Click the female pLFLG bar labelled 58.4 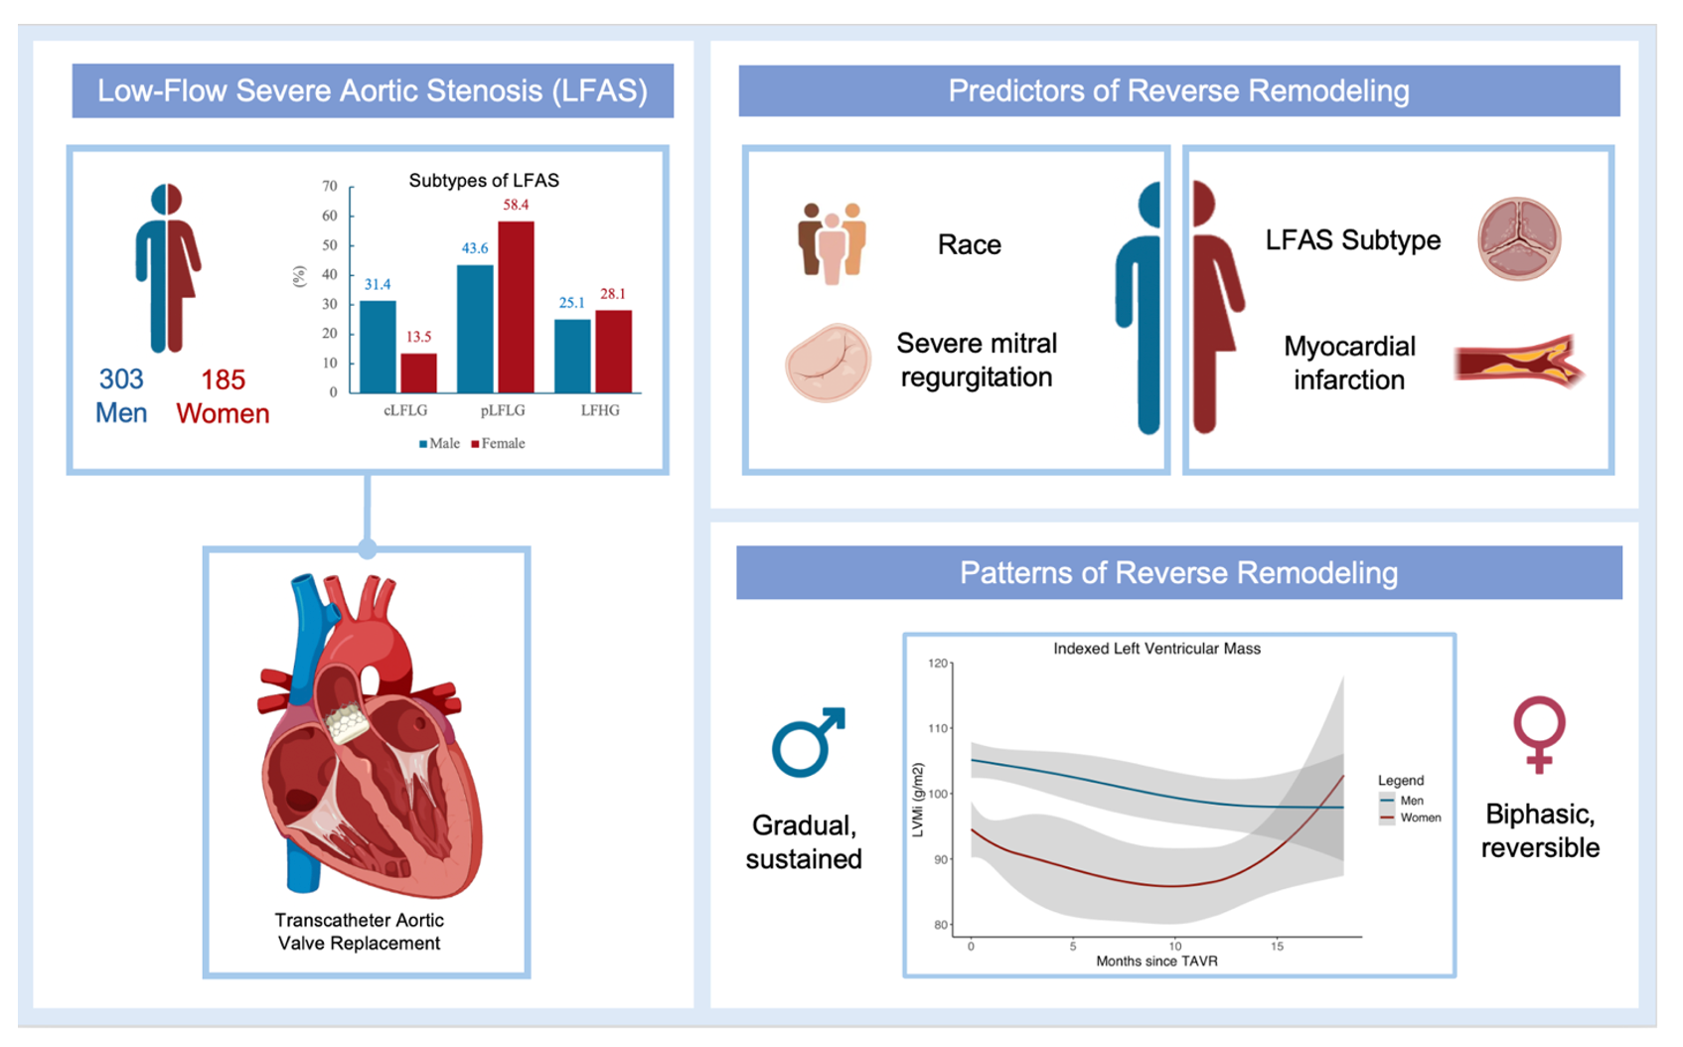(517, 306)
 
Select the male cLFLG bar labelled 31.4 (378, 347)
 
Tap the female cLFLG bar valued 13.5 (418, 373)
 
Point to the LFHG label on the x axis (599, 410)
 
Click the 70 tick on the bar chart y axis (330, 186)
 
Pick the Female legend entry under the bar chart (498, 443)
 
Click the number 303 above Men (122, 379)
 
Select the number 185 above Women (224, 380)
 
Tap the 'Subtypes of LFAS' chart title (484, 180)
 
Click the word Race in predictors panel (970, 244)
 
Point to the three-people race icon (832, 242)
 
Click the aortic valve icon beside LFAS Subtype (1519, 238)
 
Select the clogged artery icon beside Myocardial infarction (1519, 362)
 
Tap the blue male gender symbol (808, 742)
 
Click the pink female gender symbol (1539, 734)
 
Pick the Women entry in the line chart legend (1410, 818)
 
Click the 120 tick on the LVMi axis (938, 664)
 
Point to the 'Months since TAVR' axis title (1156, 961)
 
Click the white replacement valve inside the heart (347, 722)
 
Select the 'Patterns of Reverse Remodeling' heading (1179, 572)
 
